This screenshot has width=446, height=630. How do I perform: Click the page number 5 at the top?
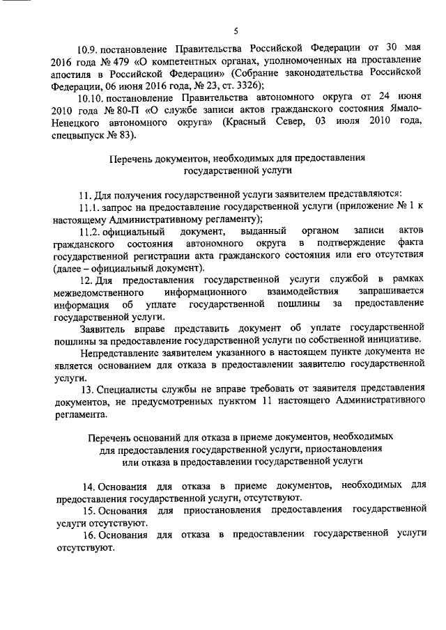(x=236, y=31)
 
